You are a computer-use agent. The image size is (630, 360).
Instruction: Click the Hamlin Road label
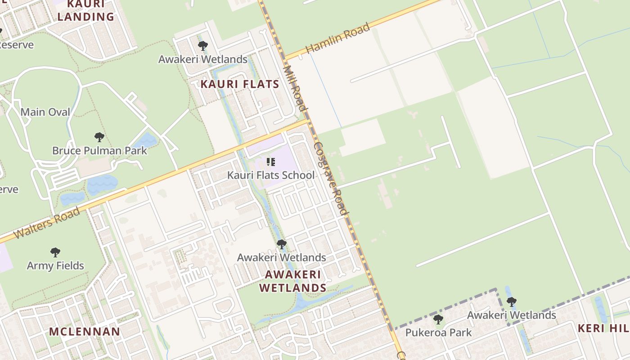(x=338, y=38)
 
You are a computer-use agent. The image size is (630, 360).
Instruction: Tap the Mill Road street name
(x=295, y=88)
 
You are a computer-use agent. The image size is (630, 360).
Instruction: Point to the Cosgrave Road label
(x=331, y=179)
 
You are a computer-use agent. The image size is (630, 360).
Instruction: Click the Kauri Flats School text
(x=271, y=175)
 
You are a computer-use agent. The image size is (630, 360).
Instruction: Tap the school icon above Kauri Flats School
(x=271, y=162)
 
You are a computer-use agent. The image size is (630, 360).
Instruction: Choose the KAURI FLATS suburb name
(x=240, y=84)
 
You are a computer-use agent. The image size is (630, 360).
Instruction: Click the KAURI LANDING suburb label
(x=85, y=11)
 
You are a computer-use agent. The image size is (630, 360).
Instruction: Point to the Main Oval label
(x=45, y=112)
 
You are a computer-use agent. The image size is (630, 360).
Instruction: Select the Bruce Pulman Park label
(x=99, y=150)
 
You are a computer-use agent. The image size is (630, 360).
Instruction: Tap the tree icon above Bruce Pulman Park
(x=99, y=137)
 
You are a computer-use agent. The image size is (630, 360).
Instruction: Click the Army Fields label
(x=55, y=265)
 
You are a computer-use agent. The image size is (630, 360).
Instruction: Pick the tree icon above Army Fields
(x=55, y=252)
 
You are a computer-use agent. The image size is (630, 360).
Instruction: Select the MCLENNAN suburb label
(x=85, y=332)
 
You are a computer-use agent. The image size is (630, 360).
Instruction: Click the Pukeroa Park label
(x=438, y=333)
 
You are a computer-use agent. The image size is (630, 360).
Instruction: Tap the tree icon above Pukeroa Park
(x=438, y=319)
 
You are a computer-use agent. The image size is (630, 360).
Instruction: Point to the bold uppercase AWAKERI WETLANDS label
(x=293, y=281)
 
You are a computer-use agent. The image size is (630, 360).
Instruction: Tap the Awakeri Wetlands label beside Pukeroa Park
(x=512, y=315)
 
